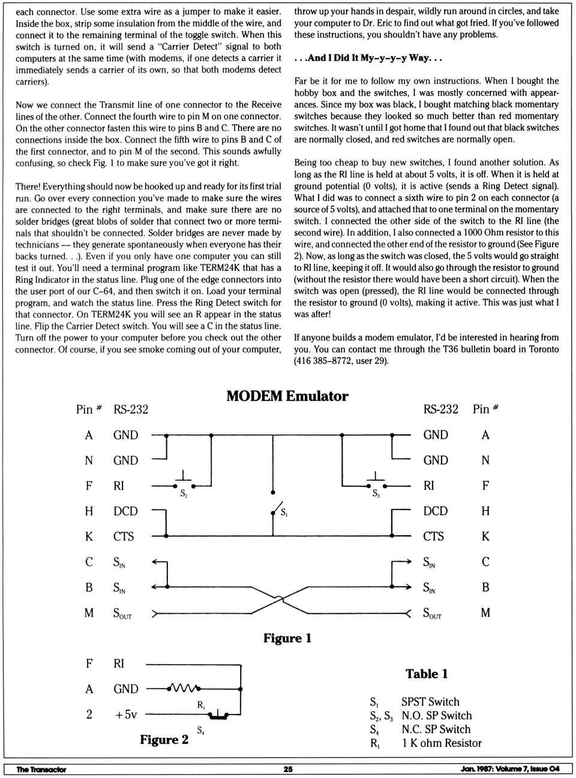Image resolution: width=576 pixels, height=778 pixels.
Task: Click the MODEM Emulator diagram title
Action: (x=287, y=396)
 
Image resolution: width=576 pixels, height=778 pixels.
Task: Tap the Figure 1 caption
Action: (x=287, y=638)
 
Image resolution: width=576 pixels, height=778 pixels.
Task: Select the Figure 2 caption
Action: (x=164, y=740)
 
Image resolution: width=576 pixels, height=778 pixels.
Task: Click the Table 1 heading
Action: (x=426, y=674)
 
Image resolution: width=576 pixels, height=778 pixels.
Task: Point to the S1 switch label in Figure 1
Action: (x=284, y=513)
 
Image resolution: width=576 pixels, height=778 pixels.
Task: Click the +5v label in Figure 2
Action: (x=126, y=714)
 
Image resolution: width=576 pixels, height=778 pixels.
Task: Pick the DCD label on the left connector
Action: (x=125, y=511)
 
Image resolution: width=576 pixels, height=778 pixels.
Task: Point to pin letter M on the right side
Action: (x=485, y=613)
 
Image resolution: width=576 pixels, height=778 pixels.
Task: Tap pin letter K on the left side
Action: (x=89, y=536)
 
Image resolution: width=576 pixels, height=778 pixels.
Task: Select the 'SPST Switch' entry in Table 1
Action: (x=430, y=702)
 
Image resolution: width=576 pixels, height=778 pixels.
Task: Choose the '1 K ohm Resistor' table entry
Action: (x=442, y=743)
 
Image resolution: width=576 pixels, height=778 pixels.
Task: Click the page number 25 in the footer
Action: (x=288, y=769)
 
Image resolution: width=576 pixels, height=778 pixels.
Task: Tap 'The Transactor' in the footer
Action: (x=41, y=769)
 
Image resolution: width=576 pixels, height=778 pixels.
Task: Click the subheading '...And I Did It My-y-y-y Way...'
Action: (x=368, y=58)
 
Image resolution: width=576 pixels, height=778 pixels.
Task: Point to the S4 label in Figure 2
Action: (x=200, y=730)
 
